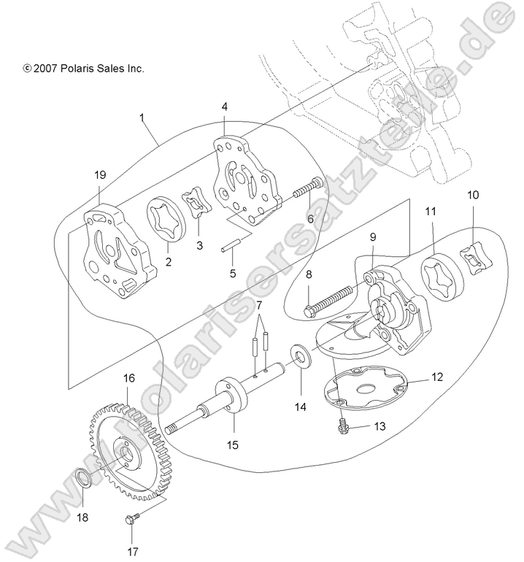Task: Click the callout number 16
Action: [128, 379]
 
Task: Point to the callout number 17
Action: [134, 552]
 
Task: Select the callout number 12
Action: [437, 377]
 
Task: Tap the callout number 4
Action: [225, 107]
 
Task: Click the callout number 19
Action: [100, 175]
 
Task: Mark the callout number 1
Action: [142, 117]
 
